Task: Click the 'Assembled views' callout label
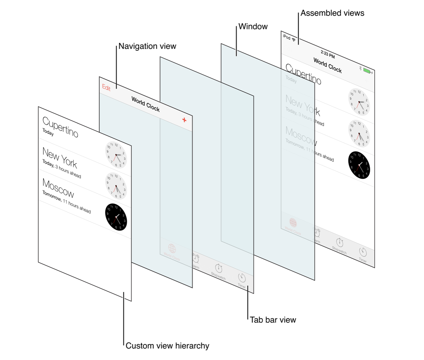[332, 13]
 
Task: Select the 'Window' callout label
[253, 27]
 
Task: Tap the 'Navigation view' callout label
[147, 46]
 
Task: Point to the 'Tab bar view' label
[273, 320]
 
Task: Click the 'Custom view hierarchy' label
[167, 346]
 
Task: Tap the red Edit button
[106, 88]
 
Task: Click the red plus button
[184, 120]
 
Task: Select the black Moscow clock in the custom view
[116, 217]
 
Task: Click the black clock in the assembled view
[359, 165]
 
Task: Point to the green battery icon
[367, 71]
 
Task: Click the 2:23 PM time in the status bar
[327, 54]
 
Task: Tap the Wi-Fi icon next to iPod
[293, 39]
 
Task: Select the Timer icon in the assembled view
[363, 252]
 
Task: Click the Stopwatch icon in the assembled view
[340, 243]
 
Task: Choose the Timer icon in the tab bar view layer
[242, 278]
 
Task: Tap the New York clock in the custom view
[116, 155]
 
